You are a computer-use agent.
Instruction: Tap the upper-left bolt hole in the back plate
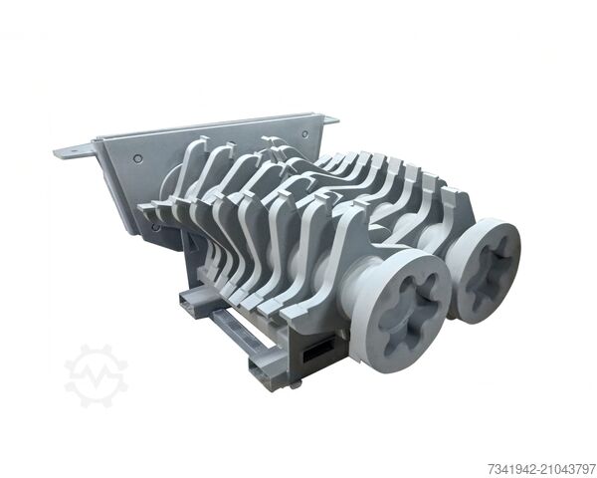tap(136, 160)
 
